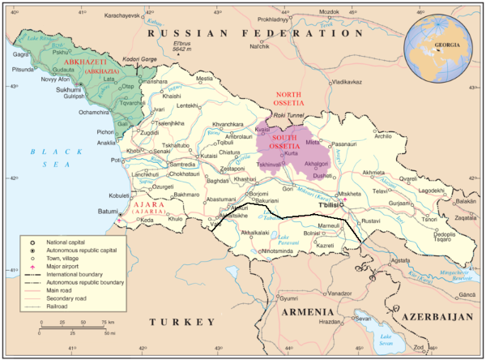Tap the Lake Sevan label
tap(387, 338)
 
